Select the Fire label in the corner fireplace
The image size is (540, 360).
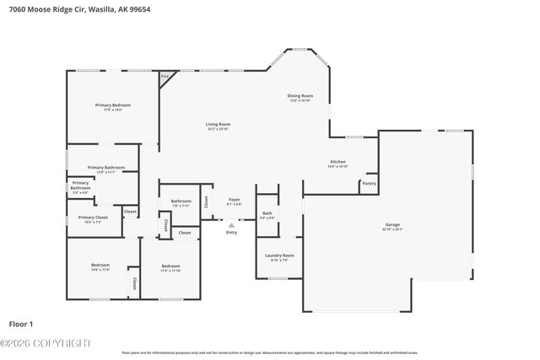[x=165, y=77]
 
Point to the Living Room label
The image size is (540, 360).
[x=218, y=126]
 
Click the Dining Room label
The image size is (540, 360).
[x=300, y=98]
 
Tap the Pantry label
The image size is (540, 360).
[x=369, y=183]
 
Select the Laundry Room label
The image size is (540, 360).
[x=278, y=256]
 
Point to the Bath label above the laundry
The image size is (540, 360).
[x=267, y=214]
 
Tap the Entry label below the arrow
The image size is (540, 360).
[x=231, y=233]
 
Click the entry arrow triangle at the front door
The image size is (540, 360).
[x=231, y=224]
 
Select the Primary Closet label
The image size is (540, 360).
[x=89, y=219]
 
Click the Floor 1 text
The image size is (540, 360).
[x=21, y=323]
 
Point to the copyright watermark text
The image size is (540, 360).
[x=46, y=343]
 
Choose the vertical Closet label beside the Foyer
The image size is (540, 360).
[x=206, y=201]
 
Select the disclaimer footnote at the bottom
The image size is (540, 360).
[x=270, y=352]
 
